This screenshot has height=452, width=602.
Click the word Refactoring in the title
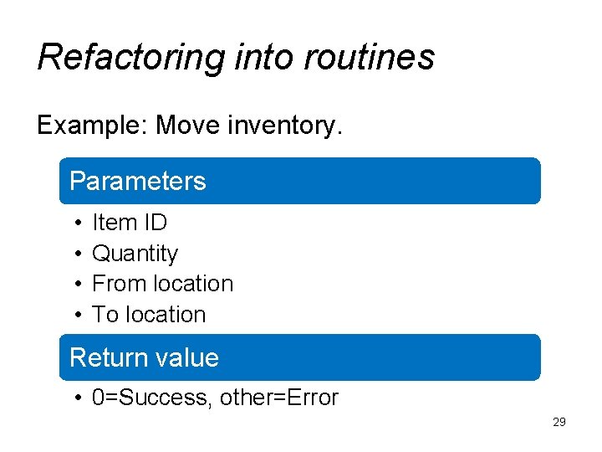[x=130, y=58]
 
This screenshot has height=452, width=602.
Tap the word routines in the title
[x=370, y=58]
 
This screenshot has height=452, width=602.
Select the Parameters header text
[x=137, y=182]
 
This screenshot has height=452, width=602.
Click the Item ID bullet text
[x=130, y=223]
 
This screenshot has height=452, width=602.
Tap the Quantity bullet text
[x=135, y=254]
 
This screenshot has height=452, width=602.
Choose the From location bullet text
[x=162, y=284]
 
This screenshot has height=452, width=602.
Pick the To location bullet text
[x=149, y=315]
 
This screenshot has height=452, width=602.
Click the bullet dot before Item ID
[x=76, y=223]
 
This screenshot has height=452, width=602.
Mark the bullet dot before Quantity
[x=76, y=254]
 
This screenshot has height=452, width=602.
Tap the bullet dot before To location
[x=76, y=316]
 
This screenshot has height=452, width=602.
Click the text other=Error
[x=279, y=398]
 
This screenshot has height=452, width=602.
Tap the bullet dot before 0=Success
[x=76, y=398]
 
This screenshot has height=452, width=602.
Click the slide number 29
[x=559, y=422]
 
